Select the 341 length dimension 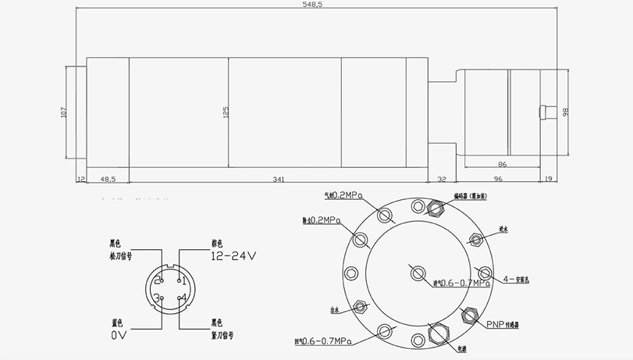pos(279,180)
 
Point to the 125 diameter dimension pos(226,112)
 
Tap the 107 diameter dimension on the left pos(63,112)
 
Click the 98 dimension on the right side pos(566,112)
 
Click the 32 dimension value pos(442,180)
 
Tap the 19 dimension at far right pos(549,180)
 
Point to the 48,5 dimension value pos(108,180)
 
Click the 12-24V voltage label pos(233,255)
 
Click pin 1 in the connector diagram pos(182,280)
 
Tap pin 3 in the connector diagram pos(158,297)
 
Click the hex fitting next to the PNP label pos(471,315)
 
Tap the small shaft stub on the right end pos(549,112)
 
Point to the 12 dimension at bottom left pos(80,180)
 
